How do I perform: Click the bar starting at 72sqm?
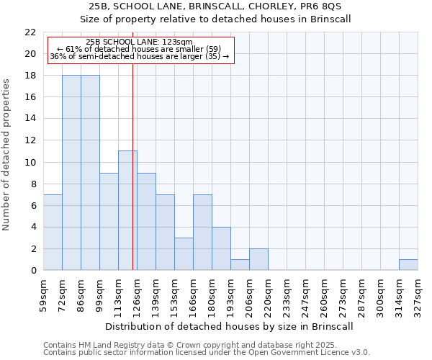(71, 173)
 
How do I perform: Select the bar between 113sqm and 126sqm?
(127, 210)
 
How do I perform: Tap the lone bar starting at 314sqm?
(408, 265)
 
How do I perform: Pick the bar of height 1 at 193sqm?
(240, 265)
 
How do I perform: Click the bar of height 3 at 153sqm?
(184, 254)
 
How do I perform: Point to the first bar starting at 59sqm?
(53, 233)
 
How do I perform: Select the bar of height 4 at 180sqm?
(221, 248)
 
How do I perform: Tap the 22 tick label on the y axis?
(30, 32)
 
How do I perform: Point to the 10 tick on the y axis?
(30, 162)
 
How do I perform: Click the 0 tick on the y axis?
(33, 271)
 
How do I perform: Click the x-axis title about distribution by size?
(230, 327)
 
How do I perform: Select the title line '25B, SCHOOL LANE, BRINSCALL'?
(215, 6)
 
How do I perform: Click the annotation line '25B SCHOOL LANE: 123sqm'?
(139, 42)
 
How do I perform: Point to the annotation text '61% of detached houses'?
(139, 49)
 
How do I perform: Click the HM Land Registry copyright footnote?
(205, 345)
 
